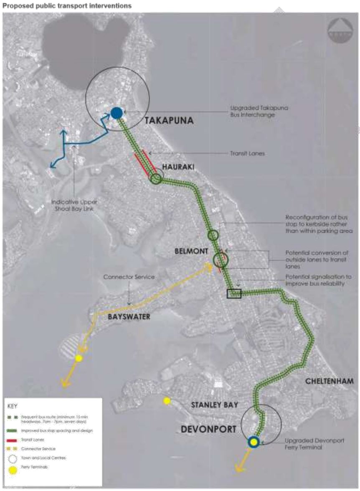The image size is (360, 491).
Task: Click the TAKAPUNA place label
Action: click(169, 121)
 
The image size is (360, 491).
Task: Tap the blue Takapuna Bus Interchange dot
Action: click(117, 112)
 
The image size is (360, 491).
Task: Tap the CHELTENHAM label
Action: click(329, 381)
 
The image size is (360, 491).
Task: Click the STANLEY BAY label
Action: click(214, 405)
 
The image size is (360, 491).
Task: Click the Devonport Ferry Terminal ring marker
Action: click(253, 442)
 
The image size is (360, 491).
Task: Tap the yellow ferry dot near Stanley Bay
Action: click(167, 401)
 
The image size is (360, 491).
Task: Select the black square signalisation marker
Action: click(234, 293)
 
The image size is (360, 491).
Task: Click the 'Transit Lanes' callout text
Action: click(248, 153)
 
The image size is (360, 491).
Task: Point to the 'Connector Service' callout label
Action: click(129, 277)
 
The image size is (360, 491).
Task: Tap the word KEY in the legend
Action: click(13, 406)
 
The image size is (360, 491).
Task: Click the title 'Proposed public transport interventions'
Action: click(67, 6)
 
